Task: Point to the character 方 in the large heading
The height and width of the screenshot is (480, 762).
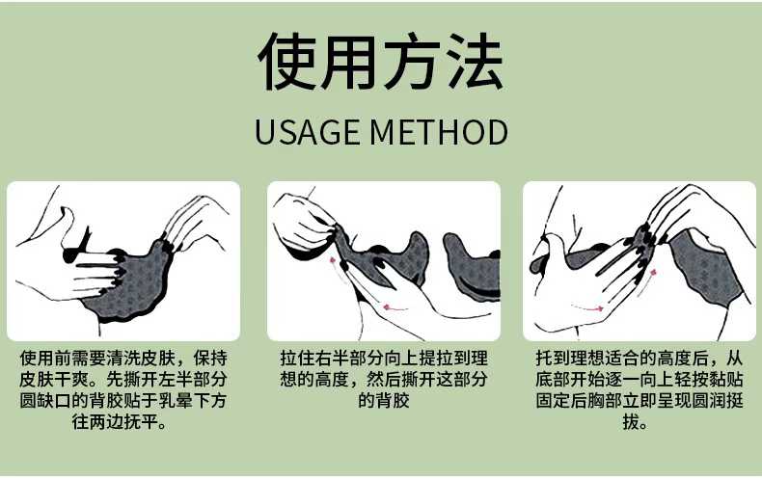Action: click(x=412, y=62)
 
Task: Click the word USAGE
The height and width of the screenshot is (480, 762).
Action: click(x=307, y=132)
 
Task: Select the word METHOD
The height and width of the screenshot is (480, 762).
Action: click(x=439, y=132)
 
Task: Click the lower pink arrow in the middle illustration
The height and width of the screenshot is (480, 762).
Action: click(x=395, y=307)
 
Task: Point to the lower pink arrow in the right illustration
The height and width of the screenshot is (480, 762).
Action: click(x=587, y=307)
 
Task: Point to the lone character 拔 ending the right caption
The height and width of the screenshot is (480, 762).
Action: click(x=631, y=422)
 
